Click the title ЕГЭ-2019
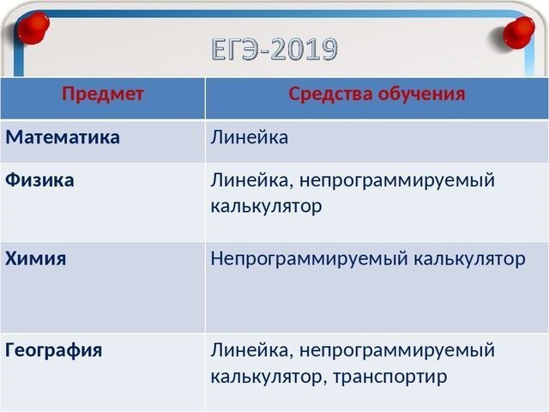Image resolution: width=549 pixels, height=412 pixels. pos(274,50)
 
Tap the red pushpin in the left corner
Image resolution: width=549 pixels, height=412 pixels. pos(33,28)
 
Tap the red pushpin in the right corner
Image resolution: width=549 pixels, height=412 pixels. pos(518,33)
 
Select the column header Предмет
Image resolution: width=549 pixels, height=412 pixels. pos(103,94)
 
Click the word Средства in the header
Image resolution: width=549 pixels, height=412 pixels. pos(330,94)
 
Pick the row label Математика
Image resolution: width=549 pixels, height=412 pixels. pos(63,137)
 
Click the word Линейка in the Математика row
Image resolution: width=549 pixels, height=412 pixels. pos(250,137)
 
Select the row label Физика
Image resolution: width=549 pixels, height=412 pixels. pos(39,181)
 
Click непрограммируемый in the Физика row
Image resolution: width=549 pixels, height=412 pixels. pos(397,181)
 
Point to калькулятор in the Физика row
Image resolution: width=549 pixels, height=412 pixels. pos(266,206)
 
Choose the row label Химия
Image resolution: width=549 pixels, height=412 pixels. pos(35,259)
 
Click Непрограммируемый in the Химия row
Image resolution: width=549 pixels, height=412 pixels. pos(309,259)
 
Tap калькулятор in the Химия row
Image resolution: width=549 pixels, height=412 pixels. pos(469,259)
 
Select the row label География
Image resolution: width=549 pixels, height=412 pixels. pos(53,350)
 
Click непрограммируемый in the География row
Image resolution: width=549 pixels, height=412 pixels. pos(397,351)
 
